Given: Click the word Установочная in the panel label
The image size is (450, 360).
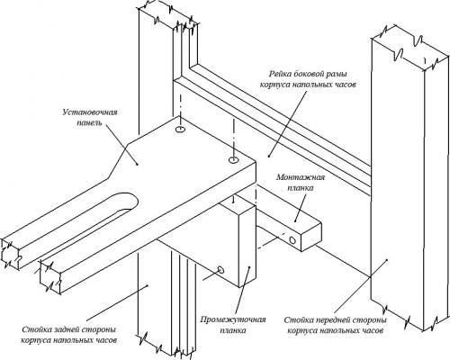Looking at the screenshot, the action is tap(90, 112).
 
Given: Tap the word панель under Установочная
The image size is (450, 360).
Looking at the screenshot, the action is tap(90, 123).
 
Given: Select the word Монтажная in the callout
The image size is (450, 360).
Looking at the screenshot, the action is tap(301, 177).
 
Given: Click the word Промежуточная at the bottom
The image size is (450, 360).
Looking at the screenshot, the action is tap(233, 319).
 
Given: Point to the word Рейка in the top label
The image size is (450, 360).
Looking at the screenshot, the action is tap(279, 74).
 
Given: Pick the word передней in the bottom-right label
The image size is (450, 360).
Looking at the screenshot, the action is tap(332, 320).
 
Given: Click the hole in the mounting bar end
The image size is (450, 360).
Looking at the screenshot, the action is tap(292, 239).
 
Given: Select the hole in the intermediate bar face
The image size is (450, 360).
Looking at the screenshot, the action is tap(221, 270).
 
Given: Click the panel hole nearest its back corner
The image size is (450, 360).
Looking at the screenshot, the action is tap(180, 130).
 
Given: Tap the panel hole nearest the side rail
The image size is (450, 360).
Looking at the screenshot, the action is tap(233, 160).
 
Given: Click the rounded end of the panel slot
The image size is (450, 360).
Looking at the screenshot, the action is tap(132, 201).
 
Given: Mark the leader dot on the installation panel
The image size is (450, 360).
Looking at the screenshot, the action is tap(137, 164).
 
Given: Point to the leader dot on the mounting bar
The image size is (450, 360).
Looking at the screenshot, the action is tap(295, 221).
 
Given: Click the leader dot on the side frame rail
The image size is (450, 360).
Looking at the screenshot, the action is tap(269, 156).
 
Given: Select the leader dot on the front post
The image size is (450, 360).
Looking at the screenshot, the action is tap(387, 259).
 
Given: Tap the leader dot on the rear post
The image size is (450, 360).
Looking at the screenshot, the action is tap(148, 286).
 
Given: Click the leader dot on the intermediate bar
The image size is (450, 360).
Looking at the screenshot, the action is tap(249, 266).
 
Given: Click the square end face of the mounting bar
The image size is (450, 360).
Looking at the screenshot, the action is tap(310, 237).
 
